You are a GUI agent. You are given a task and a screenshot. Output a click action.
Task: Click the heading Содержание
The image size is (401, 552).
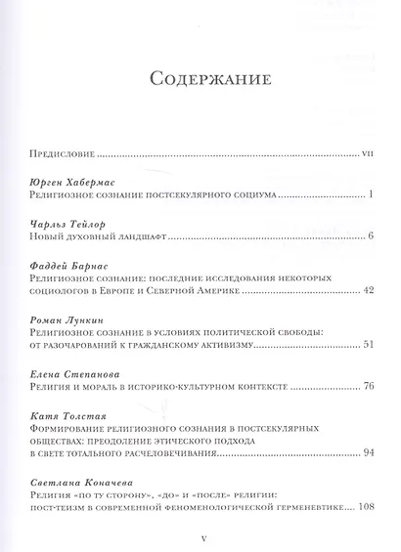click(200, 77)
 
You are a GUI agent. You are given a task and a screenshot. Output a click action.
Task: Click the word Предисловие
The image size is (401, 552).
click(65, 152)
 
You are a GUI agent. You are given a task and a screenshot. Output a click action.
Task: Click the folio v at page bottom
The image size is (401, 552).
click(200, 536)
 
